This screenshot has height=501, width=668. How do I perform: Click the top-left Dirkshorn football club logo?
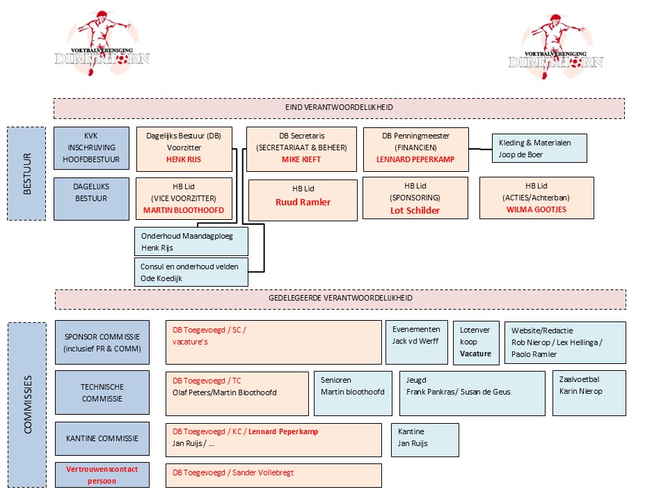102,43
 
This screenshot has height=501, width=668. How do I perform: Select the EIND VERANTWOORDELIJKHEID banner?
339,109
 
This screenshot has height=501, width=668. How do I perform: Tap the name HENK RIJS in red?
183,159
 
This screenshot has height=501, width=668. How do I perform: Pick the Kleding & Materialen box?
539,149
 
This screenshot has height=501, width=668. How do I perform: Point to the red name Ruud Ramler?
302,202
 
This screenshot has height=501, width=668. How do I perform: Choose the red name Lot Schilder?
415,210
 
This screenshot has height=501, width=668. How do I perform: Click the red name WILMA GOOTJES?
536,209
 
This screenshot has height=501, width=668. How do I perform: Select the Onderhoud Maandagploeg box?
190,242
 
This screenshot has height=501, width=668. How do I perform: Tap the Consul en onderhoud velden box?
190,273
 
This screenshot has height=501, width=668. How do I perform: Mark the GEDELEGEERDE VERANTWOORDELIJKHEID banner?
340,299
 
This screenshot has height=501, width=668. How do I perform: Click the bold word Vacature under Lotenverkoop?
475,353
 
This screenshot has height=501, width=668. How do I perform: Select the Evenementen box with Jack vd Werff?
416,342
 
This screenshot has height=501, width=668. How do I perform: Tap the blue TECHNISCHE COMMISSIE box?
102,392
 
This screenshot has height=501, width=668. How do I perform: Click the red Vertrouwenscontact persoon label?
102,475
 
